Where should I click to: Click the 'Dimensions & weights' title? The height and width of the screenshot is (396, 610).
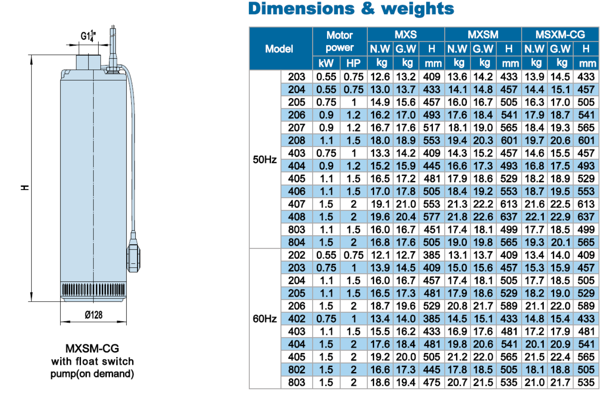click(351, 8)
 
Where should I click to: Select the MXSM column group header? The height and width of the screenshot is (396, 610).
click(483, 34)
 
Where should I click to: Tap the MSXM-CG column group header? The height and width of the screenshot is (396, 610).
click(560, 34)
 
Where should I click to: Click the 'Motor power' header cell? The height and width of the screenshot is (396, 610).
click(340, 41)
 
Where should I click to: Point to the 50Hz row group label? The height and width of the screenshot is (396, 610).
click(265, 159)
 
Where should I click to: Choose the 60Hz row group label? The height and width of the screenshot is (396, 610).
click(265, 318)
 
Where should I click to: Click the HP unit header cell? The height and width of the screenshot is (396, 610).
click(353, 63)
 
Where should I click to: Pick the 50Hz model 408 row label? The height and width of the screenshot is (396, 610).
click(297, 217)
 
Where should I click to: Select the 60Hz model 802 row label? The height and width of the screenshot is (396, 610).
click(297, 369)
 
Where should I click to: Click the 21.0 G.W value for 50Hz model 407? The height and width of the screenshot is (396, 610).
click(406, 204)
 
